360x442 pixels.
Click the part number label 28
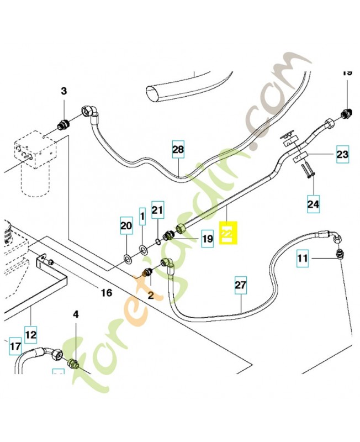pyautogui.click(x=177, y=149)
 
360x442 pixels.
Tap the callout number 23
pyautogui.click(x=342, y=155)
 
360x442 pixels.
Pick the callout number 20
pyautogui.click(x=126, y=225)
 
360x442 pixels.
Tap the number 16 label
pyautogui.click(x=106, y=292)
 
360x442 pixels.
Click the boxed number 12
pyautogui.click(x=30, y=334)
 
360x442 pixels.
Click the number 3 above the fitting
pyautogui.click(x=63, y=91)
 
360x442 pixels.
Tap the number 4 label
pyautogui.click(x=76, y=314)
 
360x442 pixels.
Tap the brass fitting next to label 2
pyautogui.click(x=147, y=271)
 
